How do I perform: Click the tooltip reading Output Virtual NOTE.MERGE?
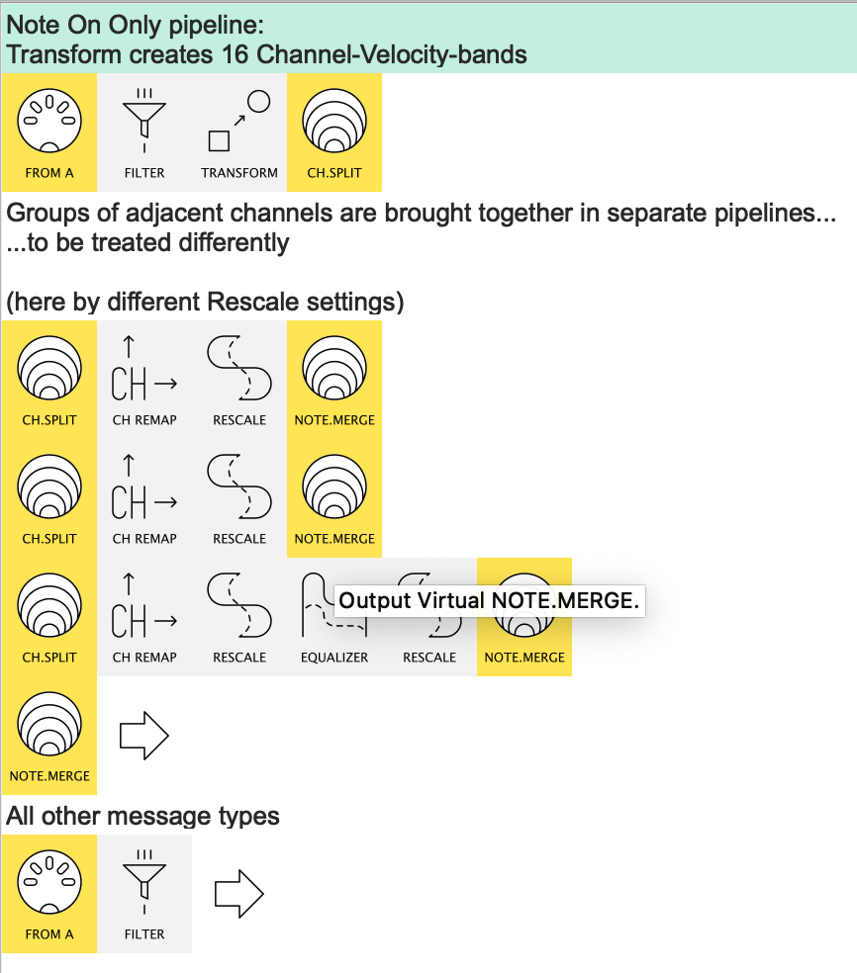click(x=490, y=600)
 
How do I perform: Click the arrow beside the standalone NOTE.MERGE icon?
click(x=144, y=736)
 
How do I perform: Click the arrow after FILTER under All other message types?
click(x=239, y=894)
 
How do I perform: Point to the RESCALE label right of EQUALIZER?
click(x=429, y=658)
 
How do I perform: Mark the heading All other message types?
click(x=143, y=816)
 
